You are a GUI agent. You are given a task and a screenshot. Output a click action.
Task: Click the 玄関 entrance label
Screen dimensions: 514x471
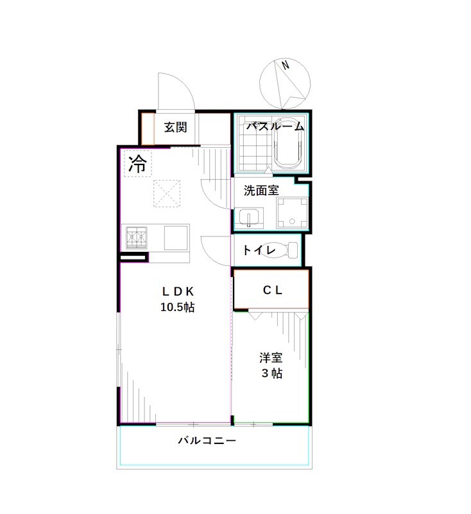pyautogui.click(x=175, y=127)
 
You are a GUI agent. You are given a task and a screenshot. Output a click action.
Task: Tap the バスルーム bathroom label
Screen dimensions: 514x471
pyautogui.click(x=275, y=126)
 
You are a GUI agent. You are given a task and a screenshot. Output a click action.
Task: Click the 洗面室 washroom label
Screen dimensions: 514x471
pyautogui.click(x=261, y=191)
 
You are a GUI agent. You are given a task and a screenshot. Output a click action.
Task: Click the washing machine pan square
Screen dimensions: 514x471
pyautogui.click(x=293, y=213)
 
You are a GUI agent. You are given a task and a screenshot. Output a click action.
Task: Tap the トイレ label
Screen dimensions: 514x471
pyautogui.click(x=259, y=250)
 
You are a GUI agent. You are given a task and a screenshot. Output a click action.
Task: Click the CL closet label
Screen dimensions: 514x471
pyautogui.click(x=272, y=290)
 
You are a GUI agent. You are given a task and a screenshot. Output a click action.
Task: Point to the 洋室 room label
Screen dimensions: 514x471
pyautogui.click(x=271, y=357)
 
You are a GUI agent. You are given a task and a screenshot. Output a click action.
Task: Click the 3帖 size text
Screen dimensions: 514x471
pyautogui.click(x=271, y=373)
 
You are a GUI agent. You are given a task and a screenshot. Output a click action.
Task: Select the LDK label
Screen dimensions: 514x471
pyautogui.click(x=177, y=290)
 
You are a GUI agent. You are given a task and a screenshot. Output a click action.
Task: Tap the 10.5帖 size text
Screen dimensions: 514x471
pyautogui.click(x=177, y=306)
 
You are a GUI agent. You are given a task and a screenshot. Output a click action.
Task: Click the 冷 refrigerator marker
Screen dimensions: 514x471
pyautogui.click(x=137, y=163)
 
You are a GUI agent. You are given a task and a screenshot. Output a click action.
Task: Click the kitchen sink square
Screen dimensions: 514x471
pyautogui.click(x=176, y=237)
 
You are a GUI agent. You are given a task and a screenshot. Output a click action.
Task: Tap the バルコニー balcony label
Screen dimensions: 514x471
pyautogui.click(x=207, y=441)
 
